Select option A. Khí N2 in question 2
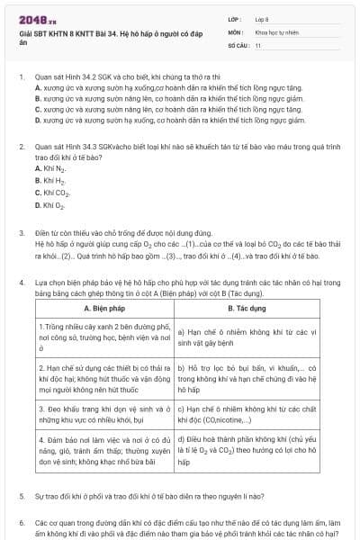(50, 168)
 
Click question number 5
(22, 496)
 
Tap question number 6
(22, 521)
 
